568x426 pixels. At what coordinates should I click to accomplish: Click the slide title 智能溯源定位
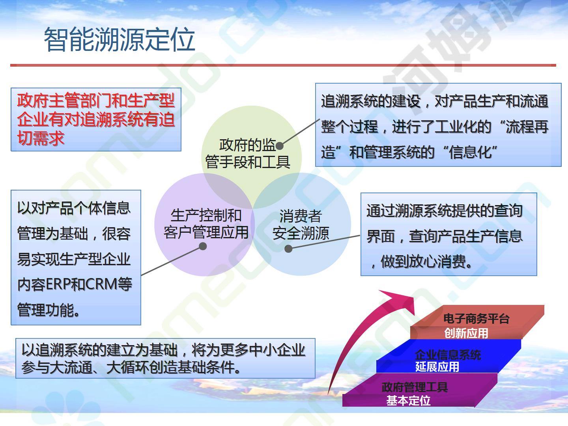point(120,39)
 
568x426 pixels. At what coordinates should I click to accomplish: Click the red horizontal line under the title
point(283,65)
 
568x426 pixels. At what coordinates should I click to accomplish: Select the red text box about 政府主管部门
point(96,120)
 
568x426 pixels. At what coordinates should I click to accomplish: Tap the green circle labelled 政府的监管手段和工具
point(251,157)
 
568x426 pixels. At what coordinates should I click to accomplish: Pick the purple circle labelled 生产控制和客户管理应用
point(204,224)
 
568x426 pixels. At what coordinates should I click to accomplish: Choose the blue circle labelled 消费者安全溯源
point(301,224)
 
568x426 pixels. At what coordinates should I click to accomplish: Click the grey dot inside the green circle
point(280,146)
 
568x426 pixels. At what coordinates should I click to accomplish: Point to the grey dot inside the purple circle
point(203,246)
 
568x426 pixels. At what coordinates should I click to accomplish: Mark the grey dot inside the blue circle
point(288,249)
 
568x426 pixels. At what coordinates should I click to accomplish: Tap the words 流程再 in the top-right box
point(527,127)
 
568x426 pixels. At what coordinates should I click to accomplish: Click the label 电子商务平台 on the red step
point(476,319)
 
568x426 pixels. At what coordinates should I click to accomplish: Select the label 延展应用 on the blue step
point(437,367)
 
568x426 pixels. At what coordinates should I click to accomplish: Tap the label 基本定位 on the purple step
point(408,401)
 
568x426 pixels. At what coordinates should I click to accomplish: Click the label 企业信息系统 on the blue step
point(448,355)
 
